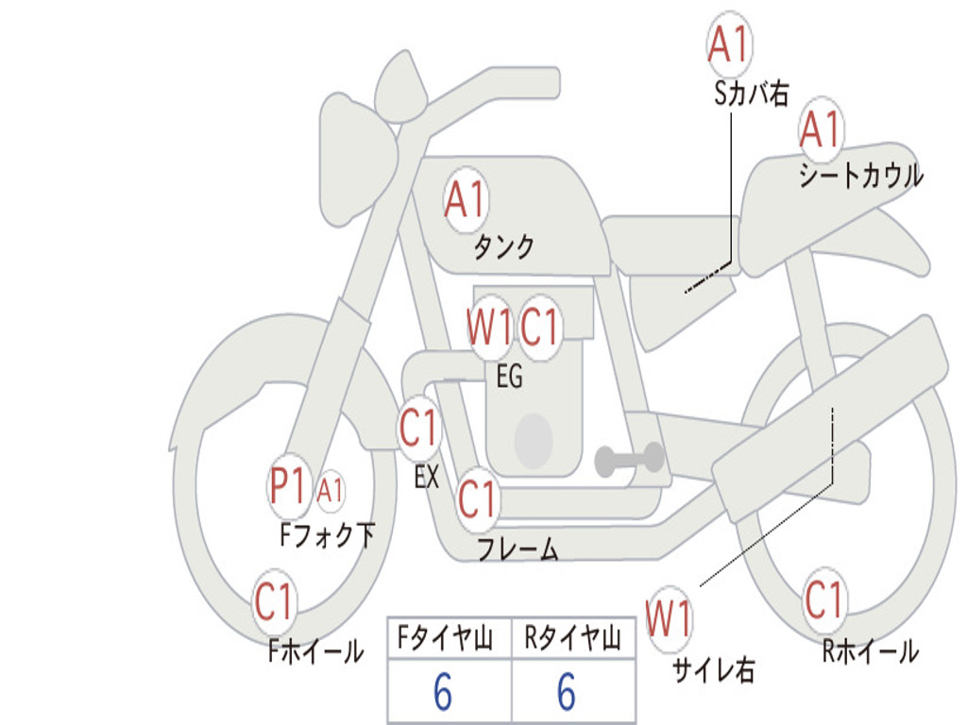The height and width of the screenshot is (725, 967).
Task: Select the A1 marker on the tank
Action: (467, 198)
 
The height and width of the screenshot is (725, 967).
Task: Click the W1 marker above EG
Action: (490, 326)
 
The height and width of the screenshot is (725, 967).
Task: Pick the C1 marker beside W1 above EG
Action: (539, 326)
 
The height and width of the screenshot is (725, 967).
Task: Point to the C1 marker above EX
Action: (419, 428)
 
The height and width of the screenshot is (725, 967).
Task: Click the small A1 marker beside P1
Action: (330, 491)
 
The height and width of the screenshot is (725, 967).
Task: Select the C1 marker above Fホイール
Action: (273, 601)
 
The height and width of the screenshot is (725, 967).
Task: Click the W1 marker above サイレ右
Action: (670, 618)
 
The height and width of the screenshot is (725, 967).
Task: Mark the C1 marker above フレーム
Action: (477, 497)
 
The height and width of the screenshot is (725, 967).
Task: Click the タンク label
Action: (504, 247)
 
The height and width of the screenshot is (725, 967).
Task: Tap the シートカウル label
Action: (861, 175)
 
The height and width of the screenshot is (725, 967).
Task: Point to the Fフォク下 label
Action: (327, 535)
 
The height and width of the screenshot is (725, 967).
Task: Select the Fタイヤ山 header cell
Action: (450, 637)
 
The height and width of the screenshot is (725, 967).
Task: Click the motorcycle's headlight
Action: (358, 161)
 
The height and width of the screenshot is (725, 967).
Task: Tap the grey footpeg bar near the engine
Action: (629, 459)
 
